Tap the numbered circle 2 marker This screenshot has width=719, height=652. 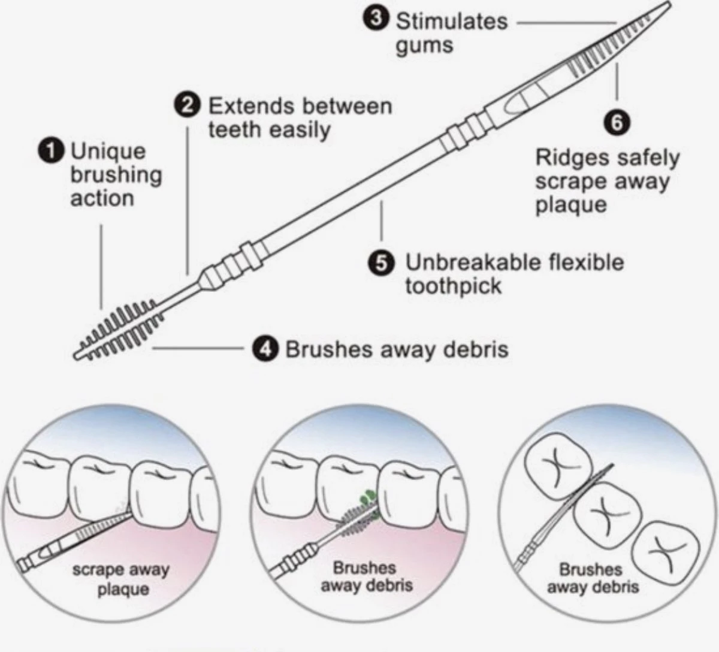[x=188, y=106]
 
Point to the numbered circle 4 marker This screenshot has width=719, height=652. [x=264, y=349]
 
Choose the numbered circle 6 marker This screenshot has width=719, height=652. [x=617, y=122]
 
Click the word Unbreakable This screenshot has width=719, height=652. [x=464, y=262]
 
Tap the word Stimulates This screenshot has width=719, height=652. [x=452, y=22]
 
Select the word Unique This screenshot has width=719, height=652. [x=108, y=151]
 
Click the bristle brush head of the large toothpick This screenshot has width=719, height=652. [x=123, y=330]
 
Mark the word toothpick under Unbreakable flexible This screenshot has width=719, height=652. [x=453, y=286]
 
